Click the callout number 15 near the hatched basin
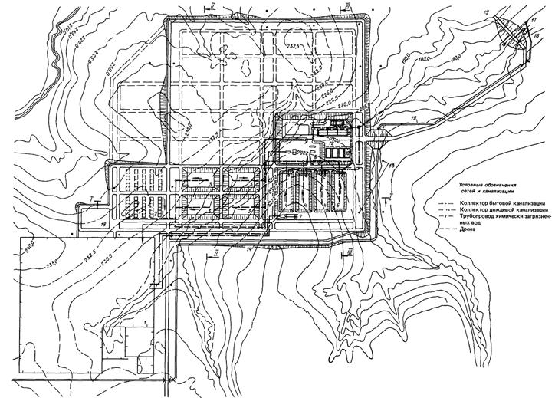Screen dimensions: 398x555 click(485, 13)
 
